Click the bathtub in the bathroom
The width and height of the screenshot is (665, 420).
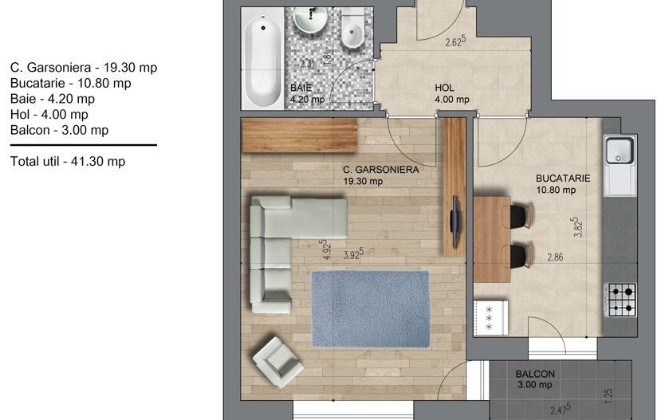pos(262,59)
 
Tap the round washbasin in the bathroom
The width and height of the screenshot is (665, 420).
pos(311,19)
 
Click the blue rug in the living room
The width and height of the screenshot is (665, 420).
pos(371,309)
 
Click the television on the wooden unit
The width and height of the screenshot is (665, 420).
pos(455,221)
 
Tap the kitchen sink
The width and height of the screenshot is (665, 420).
pos(620,151)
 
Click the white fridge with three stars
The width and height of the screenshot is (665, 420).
pos(490,318)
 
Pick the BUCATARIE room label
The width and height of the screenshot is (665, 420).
pos(563,179)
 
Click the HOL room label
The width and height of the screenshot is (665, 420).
pos(444,88)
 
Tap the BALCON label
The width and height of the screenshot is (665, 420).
pos(535,375)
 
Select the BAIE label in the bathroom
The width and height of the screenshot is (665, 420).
pos(301,88)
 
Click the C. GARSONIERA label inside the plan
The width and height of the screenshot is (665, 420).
pos(380,170)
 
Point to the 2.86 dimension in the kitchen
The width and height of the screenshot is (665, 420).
pos(555,257)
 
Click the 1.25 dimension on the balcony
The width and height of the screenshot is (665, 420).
pos(608,396)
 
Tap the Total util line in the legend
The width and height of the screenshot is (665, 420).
pos(68,162)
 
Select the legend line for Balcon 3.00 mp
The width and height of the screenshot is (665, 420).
pos(59,130)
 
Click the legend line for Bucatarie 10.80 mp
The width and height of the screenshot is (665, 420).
pos(70,83)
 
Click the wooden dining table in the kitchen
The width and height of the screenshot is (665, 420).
pos(492,239)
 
